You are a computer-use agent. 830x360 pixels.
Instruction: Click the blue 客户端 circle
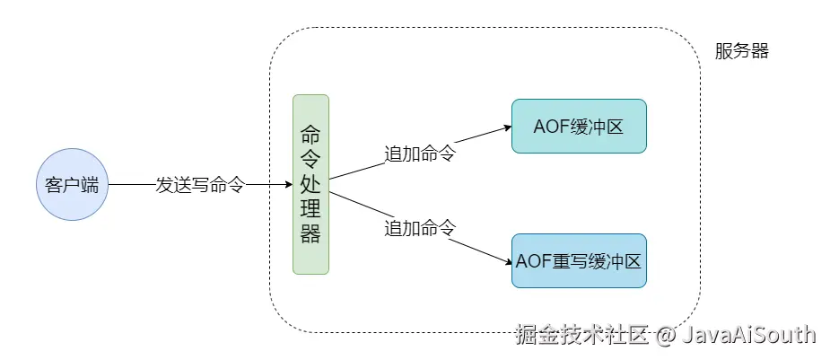(x=71, y=185)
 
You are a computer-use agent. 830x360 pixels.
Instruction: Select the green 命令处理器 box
(x=310, y=184)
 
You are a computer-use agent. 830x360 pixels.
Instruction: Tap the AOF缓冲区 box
(x=579, y=126)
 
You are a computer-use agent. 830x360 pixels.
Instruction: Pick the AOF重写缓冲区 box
(x=579, y=261)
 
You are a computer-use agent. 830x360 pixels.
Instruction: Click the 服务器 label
(x=741, y=51)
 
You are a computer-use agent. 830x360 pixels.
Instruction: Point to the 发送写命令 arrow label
(x=200, y=185)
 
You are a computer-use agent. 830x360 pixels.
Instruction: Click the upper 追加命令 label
(x=420, y=154)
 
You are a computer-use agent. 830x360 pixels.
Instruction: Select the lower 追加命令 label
(x=420, y=228)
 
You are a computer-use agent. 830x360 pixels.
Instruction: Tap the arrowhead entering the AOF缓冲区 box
(x=507, y=127)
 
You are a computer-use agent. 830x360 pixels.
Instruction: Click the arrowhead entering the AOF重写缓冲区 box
(x=507, y=261)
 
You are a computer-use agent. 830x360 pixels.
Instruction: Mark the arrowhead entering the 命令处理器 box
(x=288, y=185)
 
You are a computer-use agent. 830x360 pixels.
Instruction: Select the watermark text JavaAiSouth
(x=748, y=335)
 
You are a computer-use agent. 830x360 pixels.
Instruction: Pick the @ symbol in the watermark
(x=665, y=336)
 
